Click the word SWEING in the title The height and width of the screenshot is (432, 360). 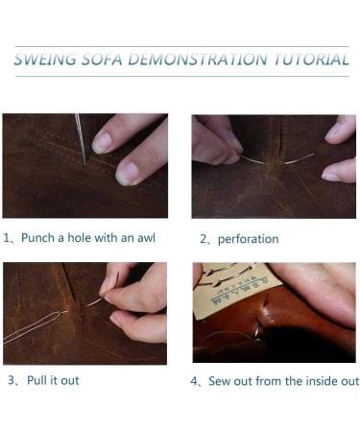pos(45,60)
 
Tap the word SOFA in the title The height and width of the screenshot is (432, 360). pos(103,60)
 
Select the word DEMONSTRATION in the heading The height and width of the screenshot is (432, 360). pos(198,60)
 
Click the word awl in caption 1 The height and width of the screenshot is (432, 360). pos(146,238)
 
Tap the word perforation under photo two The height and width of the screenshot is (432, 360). pos(248,239)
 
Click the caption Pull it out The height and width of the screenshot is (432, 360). pos(53,380)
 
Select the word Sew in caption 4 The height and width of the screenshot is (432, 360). pos(219,381)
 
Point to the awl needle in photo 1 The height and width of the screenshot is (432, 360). pos(81,138)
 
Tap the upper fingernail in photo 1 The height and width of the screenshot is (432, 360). pos(102,143)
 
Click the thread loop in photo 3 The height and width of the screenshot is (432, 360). pos(32,326)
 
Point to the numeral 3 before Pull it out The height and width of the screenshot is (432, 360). pos(12,380)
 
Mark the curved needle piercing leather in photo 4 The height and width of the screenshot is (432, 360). pos(257,329)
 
